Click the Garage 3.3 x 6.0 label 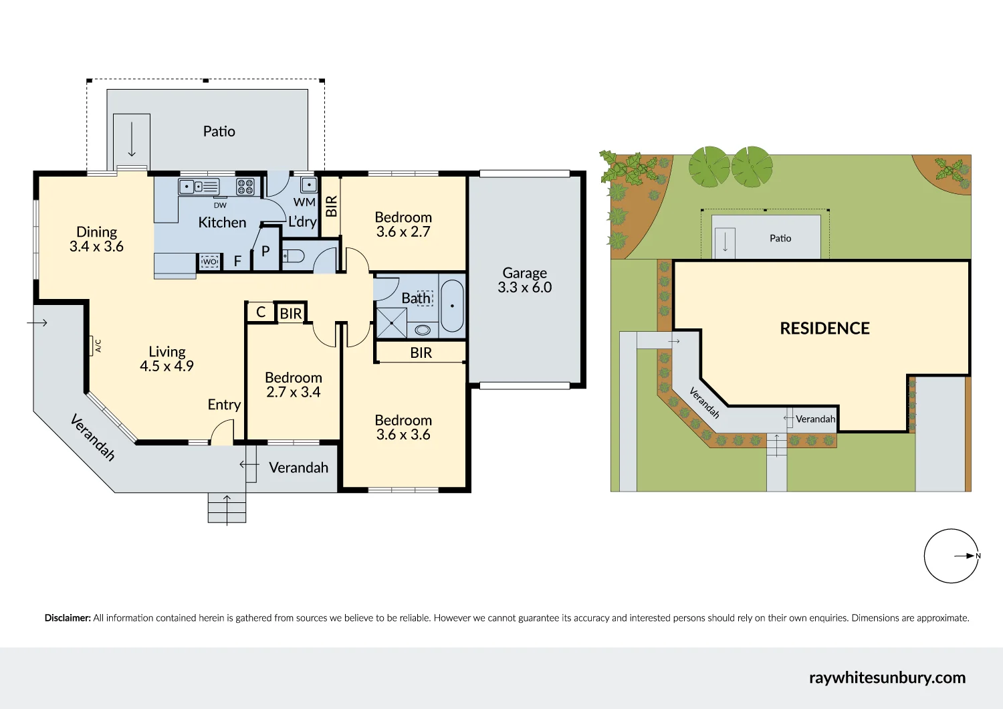click(525, 280)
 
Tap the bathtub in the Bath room click(452, 306)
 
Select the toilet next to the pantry click(294, 256)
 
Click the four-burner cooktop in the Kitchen click(245, 186)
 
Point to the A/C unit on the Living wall click(91, 345)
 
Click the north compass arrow click(965, 556)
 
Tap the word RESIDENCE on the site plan click(824, 328)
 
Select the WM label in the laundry click(304, 202)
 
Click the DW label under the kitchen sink click(220, 205)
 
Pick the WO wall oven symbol click(210, 262)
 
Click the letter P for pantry click(265, 251)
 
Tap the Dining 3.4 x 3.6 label click(96, 239)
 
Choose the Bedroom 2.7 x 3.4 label click(293, 385)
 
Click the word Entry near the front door click(224, 405)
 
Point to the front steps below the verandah click(227, 508)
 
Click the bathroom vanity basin click(423, 330)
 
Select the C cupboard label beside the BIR click(261, 312)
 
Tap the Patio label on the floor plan click(219, 131)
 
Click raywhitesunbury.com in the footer click(887, 678)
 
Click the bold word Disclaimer click(68, 618)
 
